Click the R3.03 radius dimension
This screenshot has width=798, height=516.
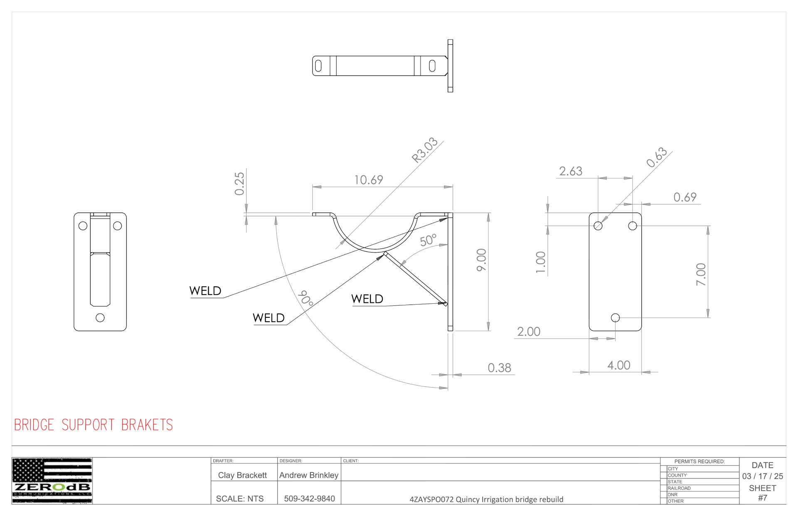(x=425, y=150)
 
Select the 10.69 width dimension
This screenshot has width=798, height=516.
(x=368, y=180)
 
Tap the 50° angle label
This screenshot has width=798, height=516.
(x=428, y=240)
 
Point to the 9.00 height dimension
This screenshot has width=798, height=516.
(x=481, y=260)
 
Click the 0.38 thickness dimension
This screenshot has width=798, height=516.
(x=499, y=368)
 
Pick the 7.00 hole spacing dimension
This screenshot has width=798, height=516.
(x=701, y=274)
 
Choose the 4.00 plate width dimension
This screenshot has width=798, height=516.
(x=619, y=365)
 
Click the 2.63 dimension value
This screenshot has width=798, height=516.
(x=571, y=171)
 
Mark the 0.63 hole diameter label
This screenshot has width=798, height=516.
(x=657, y=157)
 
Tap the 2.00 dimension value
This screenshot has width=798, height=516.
(x=529, y=332)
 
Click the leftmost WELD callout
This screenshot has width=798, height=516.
(x=205, y=291)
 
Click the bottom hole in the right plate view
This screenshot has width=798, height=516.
(x=616, y=318)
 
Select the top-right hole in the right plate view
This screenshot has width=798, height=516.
(x=633, y=226)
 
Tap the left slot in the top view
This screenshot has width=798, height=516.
(x=318, y=66)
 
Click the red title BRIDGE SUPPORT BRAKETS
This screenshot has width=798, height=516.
(x=94, y=425)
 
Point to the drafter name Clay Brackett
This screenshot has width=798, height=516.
(x=242, y=475)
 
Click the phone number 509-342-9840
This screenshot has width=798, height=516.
(x=309, y=499)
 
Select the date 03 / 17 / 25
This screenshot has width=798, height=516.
(x=763, y=476)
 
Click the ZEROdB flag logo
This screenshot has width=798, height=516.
(x=52, y=481)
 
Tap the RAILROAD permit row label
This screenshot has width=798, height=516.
(x=679, y=488)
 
